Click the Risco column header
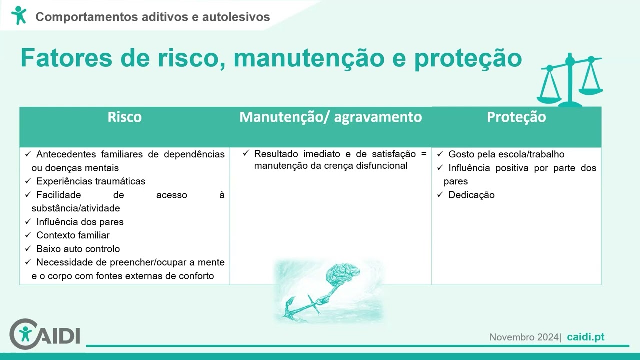[x=124, y=117]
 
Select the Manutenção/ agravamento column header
[x=330, y=117]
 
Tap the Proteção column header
[x=516, y=117]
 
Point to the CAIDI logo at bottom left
[x=45, y=333]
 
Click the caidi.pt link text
[x=586, y=337]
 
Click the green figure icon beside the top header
[x=19, y=15]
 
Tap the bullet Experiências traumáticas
[x=90, y=181]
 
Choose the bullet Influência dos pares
[x=80, y=222]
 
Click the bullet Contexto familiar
[x=73, y=235]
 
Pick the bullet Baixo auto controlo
[x=78, y=249]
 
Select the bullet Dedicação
[x=471, y=195]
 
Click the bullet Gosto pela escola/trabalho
[x=506, y=154]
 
